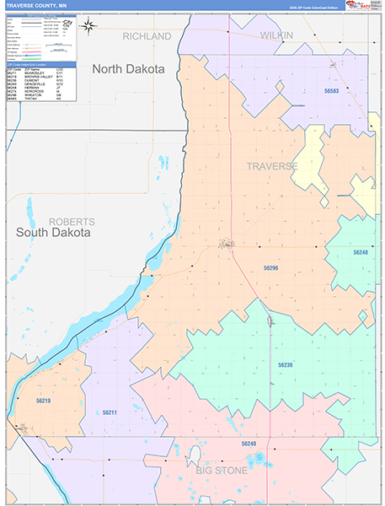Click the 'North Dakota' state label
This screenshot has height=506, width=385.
[128, 69]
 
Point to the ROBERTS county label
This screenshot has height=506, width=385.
[72, 221]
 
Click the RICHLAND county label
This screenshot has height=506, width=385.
[147, 36]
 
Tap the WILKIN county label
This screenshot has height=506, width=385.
[276, 35]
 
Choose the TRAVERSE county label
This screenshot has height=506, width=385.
[272, 166]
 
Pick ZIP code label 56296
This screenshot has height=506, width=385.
[270, 267]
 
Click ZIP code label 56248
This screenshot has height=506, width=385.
[361, 252]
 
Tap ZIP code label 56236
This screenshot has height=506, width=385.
[286, 365]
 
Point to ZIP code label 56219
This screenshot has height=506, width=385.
[44, 401]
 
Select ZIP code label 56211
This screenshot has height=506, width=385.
[109, 412]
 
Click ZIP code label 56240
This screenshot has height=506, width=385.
[249, 443]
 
